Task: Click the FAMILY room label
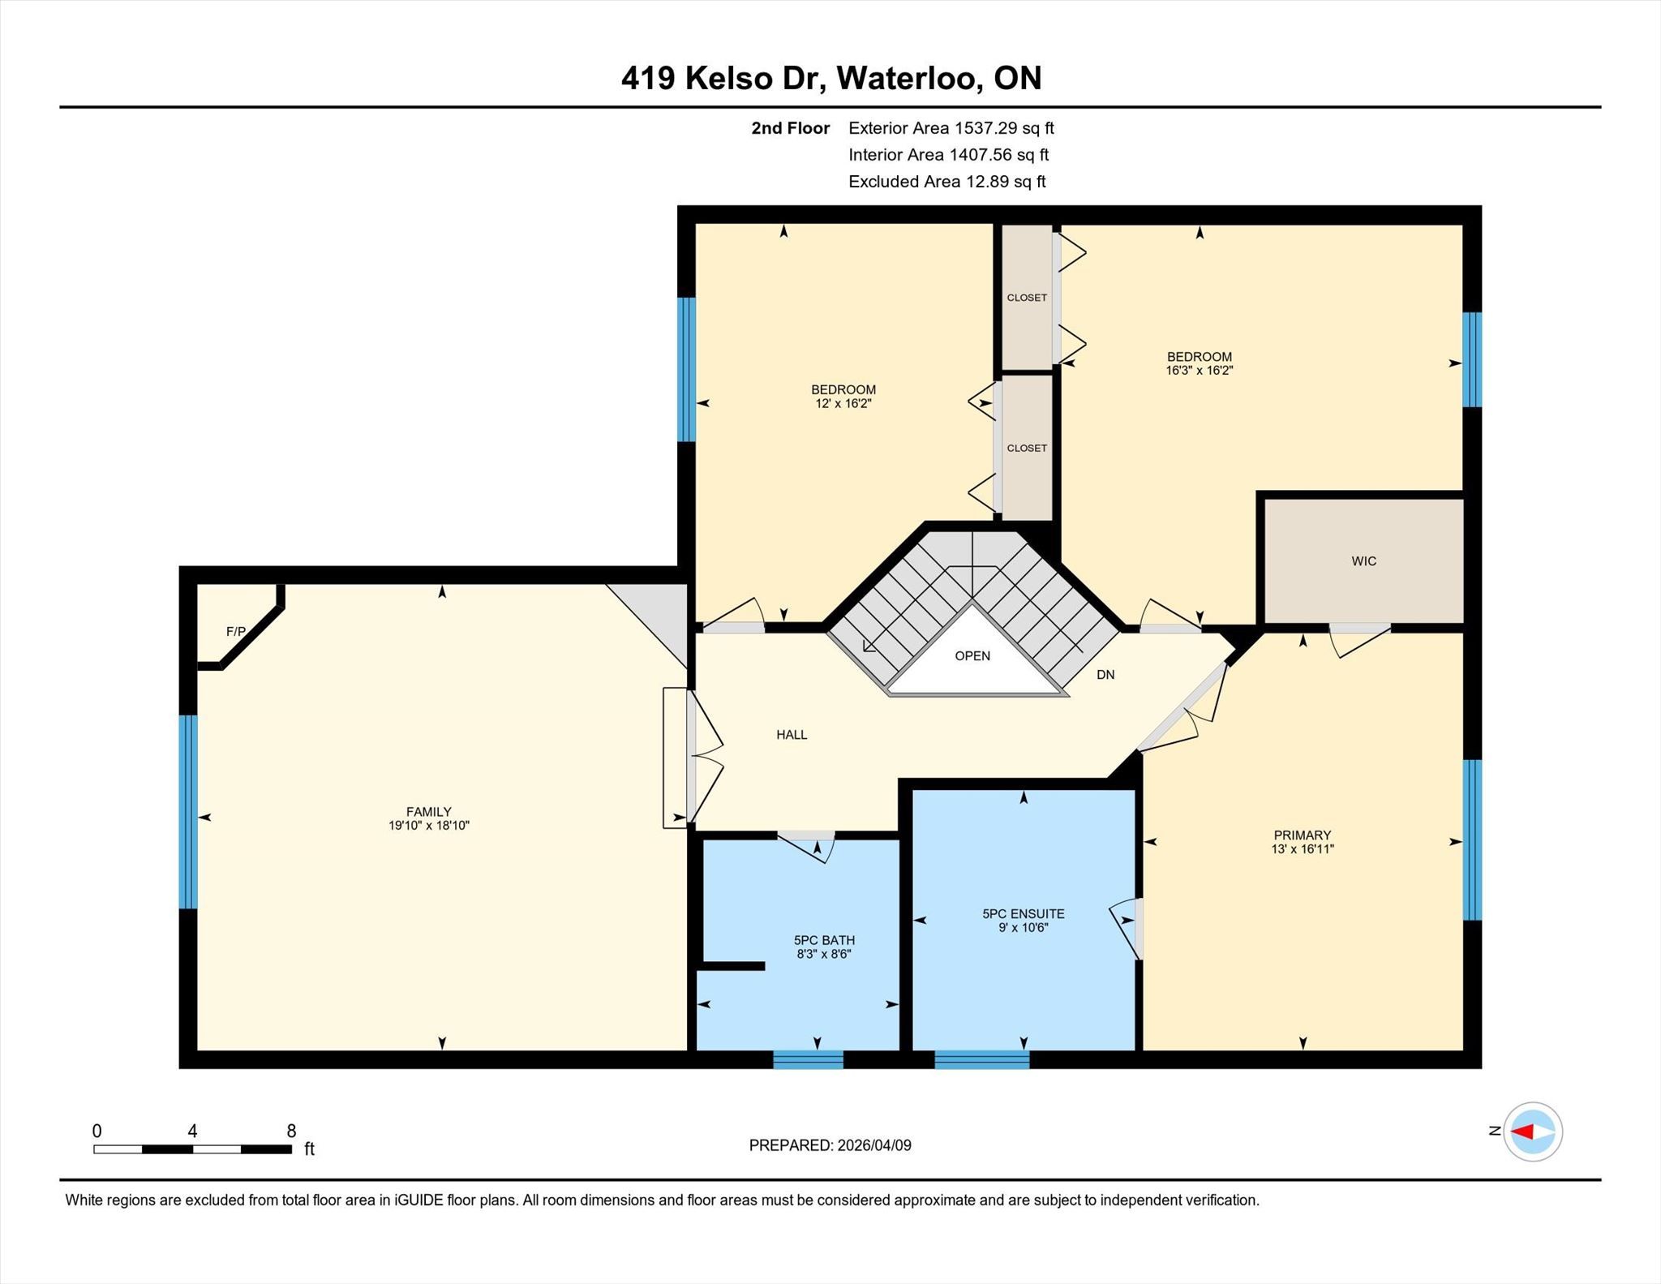click(x=429, y=811)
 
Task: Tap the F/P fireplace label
click(x=236, y=631)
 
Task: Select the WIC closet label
click(x=1364, y=561)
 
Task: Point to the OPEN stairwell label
click(x=972, y=655)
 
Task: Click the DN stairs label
click(x=1105, y=674)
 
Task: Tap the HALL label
click(x=792, y=735)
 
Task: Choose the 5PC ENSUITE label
click(x=1024, y=913)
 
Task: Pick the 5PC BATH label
click(x=824, y=940)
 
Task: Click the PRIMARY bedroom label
click(x=1303, y=835)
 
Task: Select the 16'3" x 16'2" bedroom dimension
click(x=1200, y=370)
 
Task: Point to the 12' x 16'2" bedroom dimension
click(x=843, y=403)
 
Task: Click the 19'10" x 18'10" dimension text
click(x=429, y=825)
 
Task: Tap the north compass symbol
click(x=1533, y=1132)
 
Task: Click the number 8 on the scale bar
click(x=291, y=1131)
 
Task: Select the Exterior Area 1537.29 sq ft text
click(x=951, y=128)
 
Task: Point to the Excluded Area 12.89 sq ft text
click(x=947, y=182)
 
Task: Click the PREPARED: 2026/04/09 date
click(x=830, y=1145)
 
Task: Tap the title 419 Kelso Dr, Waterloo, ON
click(x=831, y=78)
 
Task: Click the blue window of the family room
click(x=188, y=811)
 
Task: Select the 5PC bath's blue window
click(x=809, y=1059)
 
